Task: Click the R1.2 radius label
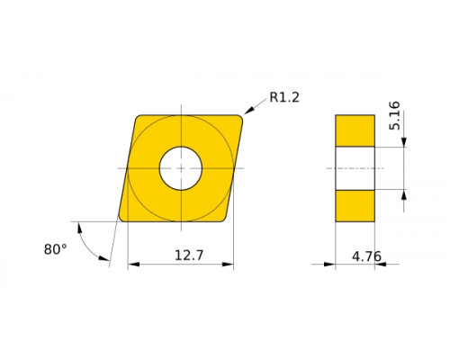pyautogui.click(x=284, y=97)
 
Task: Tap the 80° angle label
pyautogui.click(x=56, y=249)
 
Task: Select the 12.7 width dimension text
pyautogui.click(x=189, y=256)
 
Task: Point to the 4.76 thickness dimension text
pyautogui.click(x=366, y=256)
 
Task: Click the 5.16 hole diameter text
pyautogui.click(x=394, y=115)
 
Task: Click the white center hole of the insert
pyautogui.click(x=181, y=168)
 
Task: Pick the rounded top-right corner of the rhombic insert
pyautogui.click(x=239, y=118)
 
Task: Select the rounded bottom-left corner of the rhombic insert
pyautogui.click(x=122, y=218)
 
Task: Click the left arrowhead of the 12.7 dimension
pyautogui.click(x=133, y=265)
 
